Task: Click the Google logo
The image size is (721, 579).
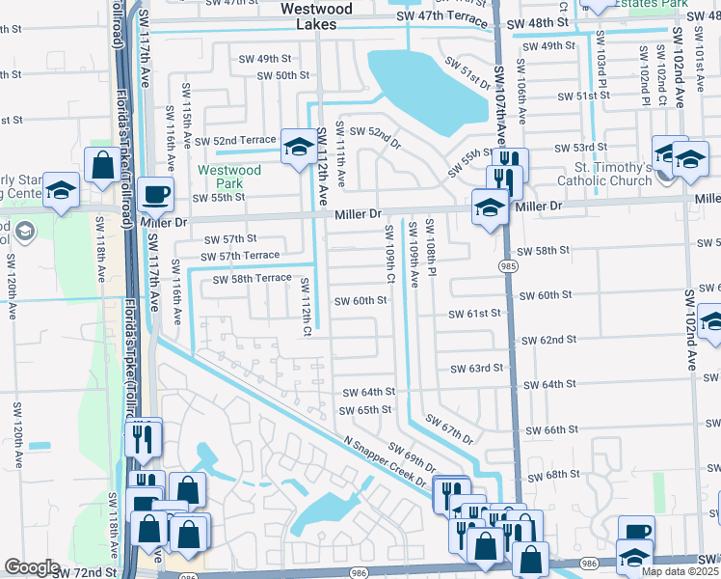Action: (x=32, y=567)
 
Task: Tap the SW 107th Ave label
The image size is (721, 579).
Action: (x=500, y=100)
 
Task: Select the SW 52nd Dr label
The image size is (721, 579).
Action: (x=374, y=136)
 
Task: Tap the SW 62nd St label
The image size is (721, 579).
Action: (x=548, y=341)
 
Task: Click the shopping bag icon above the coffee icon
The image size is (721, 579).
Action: (x=103, y=166)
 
